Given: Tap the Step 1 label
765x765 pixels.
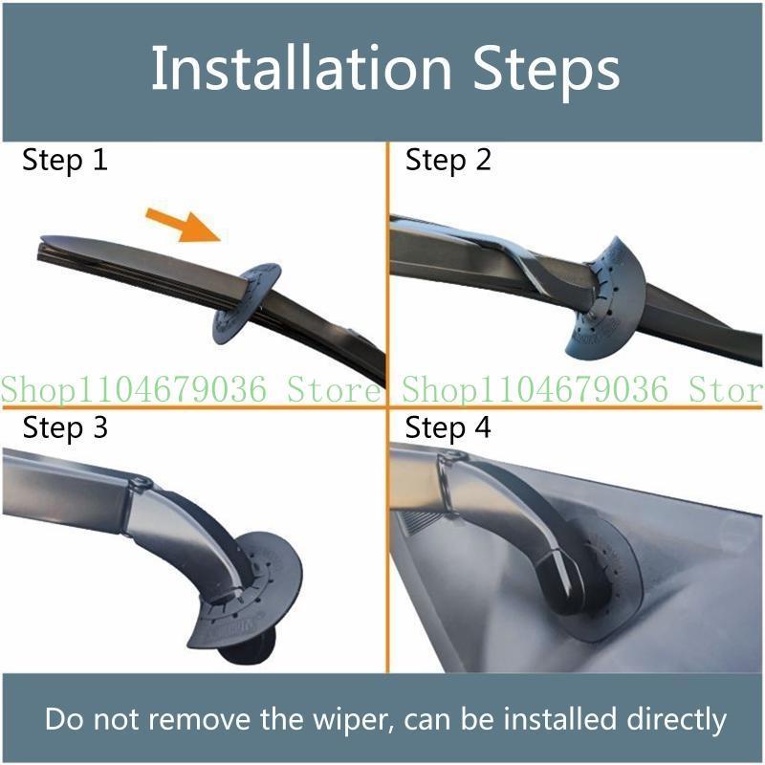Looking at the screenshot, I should (65, 160).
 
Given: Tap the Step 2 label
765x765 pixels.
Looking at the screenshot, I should (448, 160).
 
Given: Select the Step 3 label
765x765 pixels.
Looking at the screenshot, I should (65, 427).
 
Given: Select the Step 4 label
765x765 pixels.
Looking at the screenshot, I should (448, 427).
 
